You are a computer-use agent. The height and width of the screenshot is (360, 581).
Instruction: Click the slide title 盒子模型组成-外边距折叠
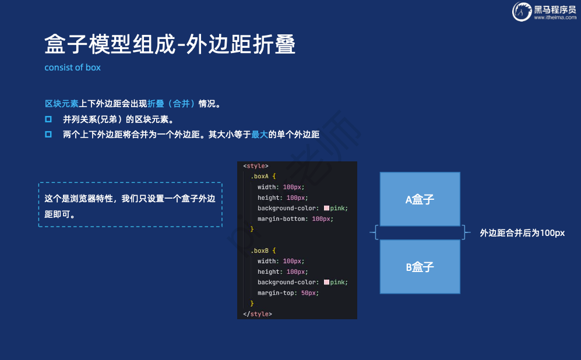click(x=170, y=44)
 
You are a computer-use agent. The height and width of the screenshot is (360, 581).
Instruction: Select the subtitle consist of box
click(x=72, y=68)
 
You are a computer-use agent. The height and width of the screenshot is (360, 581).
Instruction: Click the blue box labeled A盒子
click(x=420, y=199)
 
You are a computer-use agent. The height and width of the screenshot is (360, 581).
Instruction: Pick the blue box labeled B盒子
click(x=420, y=267)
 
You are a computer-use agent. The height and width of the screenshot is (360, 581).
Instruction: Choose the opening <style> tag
click(x=256, y=166)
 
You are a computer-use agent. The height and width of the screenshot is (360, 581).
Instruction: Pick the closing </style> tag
click(x=257, y=314)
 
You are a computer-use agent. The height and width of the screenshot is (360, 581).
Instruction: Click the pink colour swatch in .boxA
click(x=327, y=209)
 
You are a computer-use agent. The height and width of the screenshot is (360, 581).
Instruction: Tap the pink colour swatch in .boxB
click(x=327, y=282)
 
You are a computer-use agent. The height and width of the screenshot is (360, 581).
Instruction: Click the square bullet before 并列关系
click(x=48, y=119)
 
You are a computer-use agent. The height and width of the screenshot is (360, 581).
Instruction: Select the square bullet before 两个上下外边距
click(x=48, y=135)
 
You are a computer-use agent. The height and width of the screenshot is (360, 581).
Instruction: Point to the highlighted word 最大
click(x=259, y=135)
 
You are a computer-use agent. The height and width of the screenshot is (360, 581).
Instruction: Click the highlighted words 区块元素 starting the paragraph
click(x=62, y=104)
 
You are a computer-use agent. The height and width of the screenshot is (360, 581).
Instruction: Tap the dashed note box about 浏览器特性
click(x=130, y=204)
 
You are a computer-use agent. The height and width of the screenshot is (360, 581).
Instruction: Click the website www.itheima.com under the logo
click(x=554, y=17)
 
